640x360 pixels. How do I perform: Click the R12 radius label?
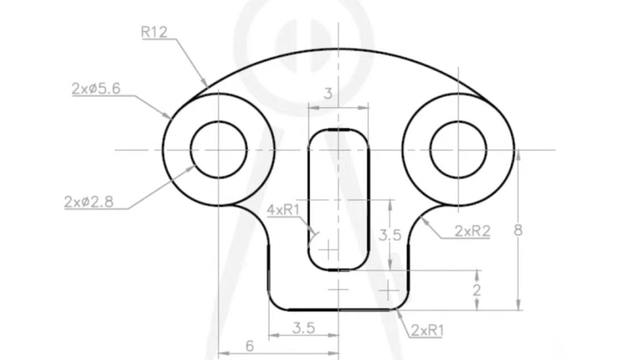click(154, 32)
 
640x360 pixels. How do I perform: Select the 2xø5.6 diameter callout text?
click(96, 88)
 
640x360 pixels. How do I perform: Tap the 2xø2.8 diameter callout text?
click(89, 201)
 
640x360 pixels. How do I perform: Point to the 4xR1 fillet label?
click(283, 210)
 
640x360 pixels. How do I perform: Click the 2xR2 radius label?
click(472, 231)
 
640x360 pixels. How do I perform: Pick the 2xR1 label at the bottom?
click(426, 330)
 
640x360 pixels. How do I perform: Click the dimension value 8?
click(518, 230)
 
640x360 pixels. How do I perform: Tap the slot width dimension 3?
click(328, 93)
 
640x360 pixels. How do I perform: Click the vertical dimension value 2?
click(476, 290)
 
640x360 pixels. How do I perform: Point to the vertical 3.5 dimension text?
click(389, 235)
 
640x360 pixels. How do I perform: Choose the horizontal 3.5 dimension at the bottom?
click(303, 328)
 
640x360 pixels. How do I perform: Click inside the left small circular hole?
click(218, 149)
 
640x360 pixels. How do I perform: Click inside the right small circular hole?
click(458, 149)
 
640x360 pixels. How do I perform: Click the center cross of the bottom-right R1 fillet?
click(388, 289)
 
